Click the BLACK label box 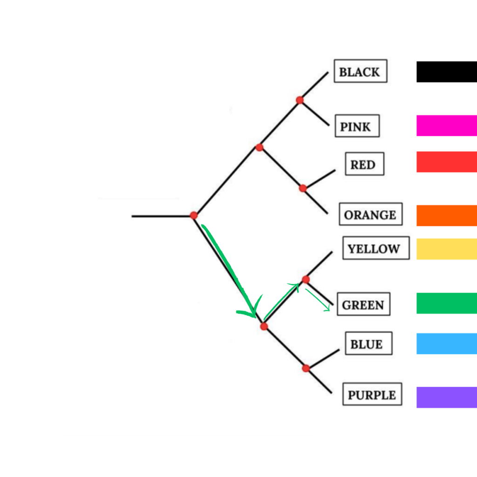point(361,71)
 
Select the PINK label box point(357,126)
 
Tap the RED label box point(364,164)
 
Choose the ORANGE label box point(370,214)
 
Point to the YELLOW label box point(376,248)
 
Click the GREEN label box point(363,304)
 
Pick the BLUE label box point(369,343)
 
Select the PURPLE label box point(372,394)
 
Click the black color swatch point(447,72)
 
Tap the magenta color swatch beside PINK point(447,125)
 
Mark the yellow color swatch point(447,249)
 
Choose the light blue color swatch point(447,344)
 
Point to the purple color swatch point(447,397)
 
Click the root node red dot point(194,215)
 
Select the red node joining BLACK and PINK point(300,100)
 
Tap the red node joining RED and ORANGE point(303,188)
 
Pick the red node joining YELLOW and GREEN point(306,279)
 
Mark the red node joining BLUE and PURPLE point(306,368)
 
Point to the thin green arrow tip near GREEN point(329,310)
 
